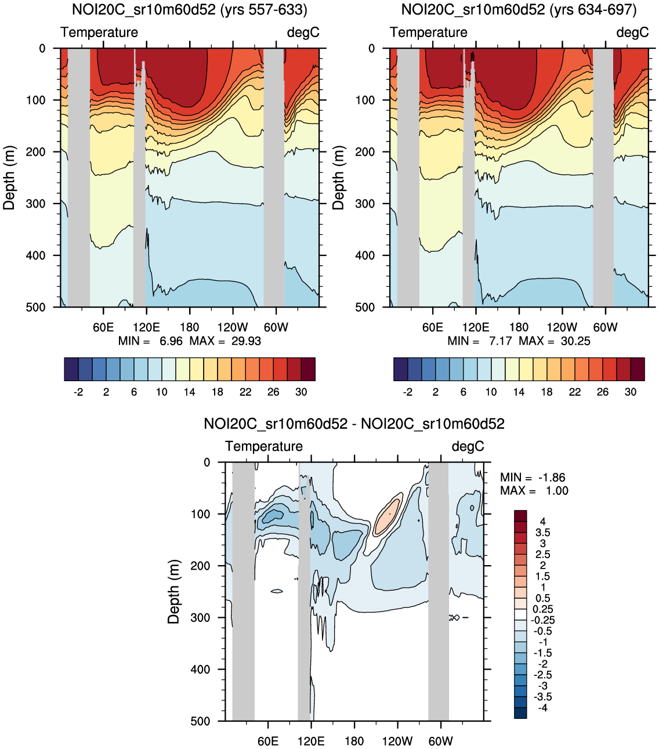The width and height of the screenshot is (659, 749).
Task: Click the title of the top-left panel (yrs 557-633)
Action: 190,10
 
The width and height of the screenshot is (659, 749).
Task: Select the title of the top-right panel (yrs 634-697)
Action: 519,10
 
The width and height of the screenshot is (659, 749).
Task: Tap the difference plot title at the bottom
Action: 354,424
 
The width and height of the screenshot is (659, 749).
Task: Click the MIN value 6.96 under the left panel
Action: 171,341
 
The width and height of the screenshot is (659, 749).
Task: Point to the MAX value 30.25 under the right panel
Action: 575,341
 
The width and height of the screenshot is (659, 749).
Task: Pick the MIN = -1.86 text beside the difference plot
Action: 533,477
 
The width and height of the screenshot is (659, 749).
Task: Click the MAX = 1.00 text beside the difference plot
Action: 534,491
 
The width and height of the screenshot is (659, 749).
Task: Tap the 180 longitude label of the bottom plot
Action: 354,741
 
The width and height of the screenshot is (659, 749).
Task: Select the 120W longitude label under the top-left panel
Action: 233,327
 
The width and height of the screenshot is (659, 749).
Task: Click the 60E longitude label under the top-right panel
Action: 433,327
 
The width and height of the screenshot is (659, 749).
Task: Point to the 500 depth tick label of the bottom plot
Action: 201,721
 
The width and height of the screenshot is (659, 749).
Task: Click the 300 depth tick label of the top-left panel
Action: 35,204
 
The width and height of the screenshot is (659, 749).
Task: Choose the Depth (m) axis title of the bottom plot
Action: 173,592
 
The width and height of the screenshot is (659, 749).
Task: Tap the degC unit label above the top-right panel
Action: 632,32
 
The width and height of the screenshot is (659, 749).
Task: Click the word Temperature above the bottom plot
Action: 264,446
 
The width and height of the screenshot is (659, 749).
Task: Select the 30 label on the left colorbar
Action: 301,392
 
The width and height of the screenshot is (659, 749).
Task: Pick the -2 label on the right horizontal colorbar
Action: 408,392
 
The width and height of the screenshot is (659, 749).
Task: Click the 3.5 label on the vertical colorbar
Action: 543,533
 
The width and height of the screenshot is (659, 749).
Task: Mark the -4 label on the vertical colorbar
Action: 543,708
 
